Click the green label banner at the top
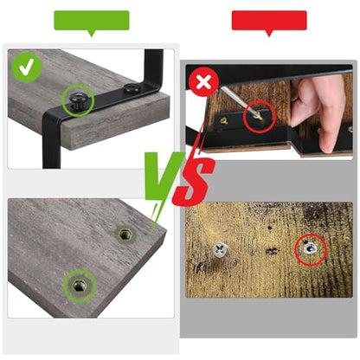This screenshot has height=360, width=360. [x=92, y=21]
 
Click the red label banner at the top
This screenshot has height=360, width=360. [x=269, y=21]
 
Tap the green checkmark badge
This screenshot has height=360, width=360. [x=27, y=67]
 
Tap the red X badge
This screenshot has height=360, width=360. [x=204, y=81]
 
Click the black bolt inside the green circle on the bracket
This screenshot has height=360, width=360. [x=77, y=100]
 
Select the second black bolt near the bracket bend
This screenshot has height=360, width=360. [x=132, y=88]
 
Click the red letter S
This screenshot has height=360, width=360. [x=193, y=181]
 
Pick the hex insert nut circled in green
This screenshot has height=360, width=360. [x=80, y=286]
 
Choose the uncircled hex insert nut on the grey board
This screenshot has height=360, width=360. [x=125, y=234]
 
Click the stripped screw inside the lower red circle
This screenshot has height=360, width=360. [x=309, y=248]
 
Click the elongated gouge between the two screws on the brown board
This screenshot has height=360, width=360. [x=273, y=251]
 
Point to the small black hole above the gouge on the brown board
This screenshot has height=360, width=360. [x=270, y=228]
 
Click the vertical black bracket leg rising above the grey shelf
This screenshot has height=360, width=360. [x=153, y=67]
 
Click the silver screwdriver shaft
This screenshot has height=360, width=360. [x=236, y=99]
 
